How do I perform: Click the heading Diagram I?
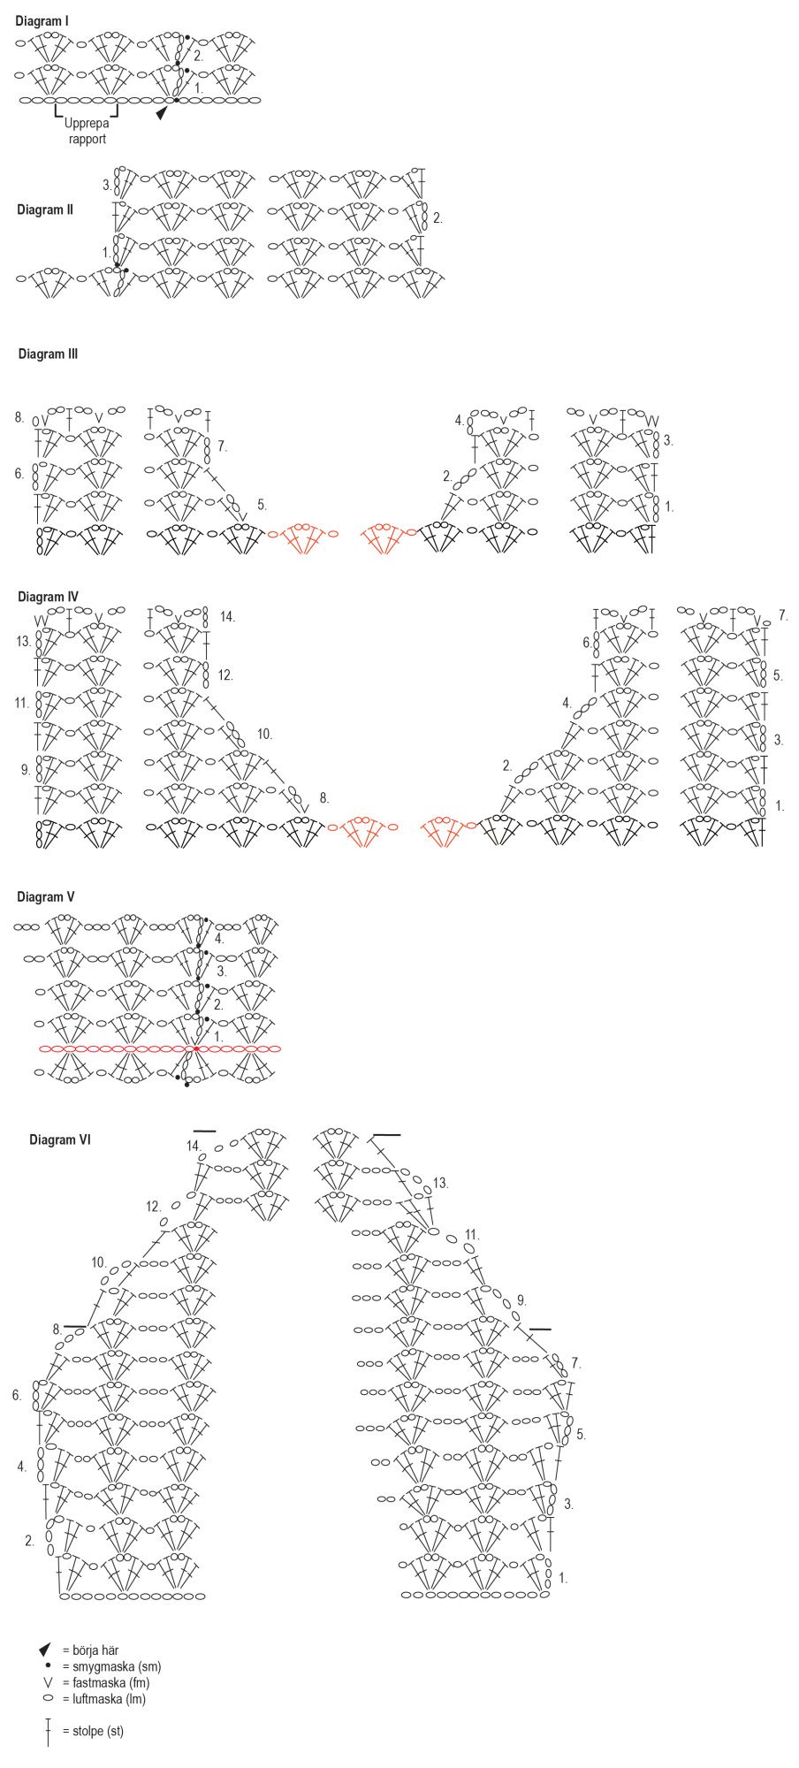point(42,19)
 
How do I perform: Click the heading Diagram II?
point(45,210)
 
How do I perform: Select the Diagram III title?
point(48,354)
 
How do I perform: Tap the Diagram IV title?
point(48,597)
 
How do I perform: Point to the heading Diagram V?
point(45,896)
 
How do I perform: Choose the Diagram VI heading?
point(60,1139)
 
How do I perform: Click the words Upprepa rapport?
point(87,131)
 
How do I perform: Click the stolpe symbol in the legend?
point(48,1732)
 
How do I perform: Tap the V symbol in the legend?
point(48,1682)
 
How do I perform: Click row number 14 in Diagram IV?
point(227,616)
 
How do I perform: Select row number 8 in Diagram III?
point(19,415)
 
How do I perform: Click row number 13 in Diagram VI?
point(440,1183)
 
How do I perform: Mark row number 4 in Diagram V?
point(219,938)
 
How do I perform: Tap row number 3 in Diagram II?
point(107,186)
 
